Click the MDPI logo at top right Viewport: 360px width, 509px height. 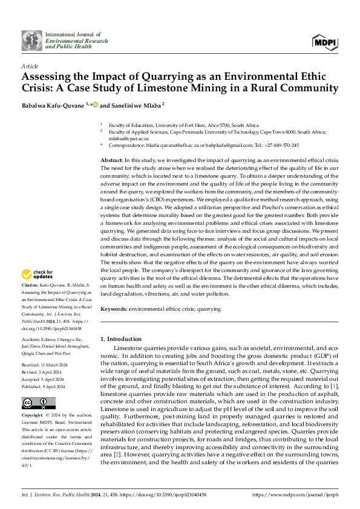pyautogui.click(x=325, y=41)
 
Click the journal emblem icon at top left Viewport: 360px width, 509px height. pyautogui.click(x=32, y=40)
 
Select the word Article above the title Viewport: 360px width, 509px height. pyautogui.click(x=30, y=65)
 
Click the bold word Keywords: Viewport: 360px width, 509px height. pyautogui.click(x=115, y=309)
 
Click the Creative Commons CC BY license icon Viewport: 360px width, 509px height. pyautogui.click(x=39, y=403)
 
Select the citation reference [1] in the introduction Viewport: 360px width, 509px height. pyautogui.click(x=333, y=385)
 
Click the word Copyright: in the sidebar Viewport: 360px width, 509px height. pyautogui.click(x=33, y=416)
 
